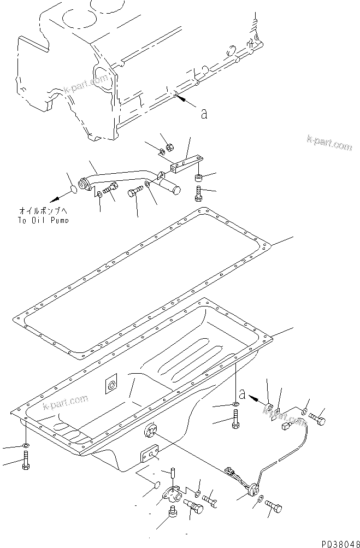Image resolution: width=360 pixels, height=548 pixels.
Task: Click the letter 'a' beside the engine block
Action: pyautogui.click(x=204, y=114)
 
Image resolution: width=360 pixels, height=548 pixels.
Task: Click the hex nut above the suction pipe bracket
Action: pyautogui.click(x=170, y=146)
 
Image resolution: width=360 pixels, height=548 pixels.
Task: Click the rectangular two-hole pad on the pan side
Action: pyautogui.click(x=149, y=454)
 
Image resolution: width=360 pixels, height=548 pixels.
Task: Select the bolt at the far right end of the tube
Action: pyautogui.click(x=318, y=418)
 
